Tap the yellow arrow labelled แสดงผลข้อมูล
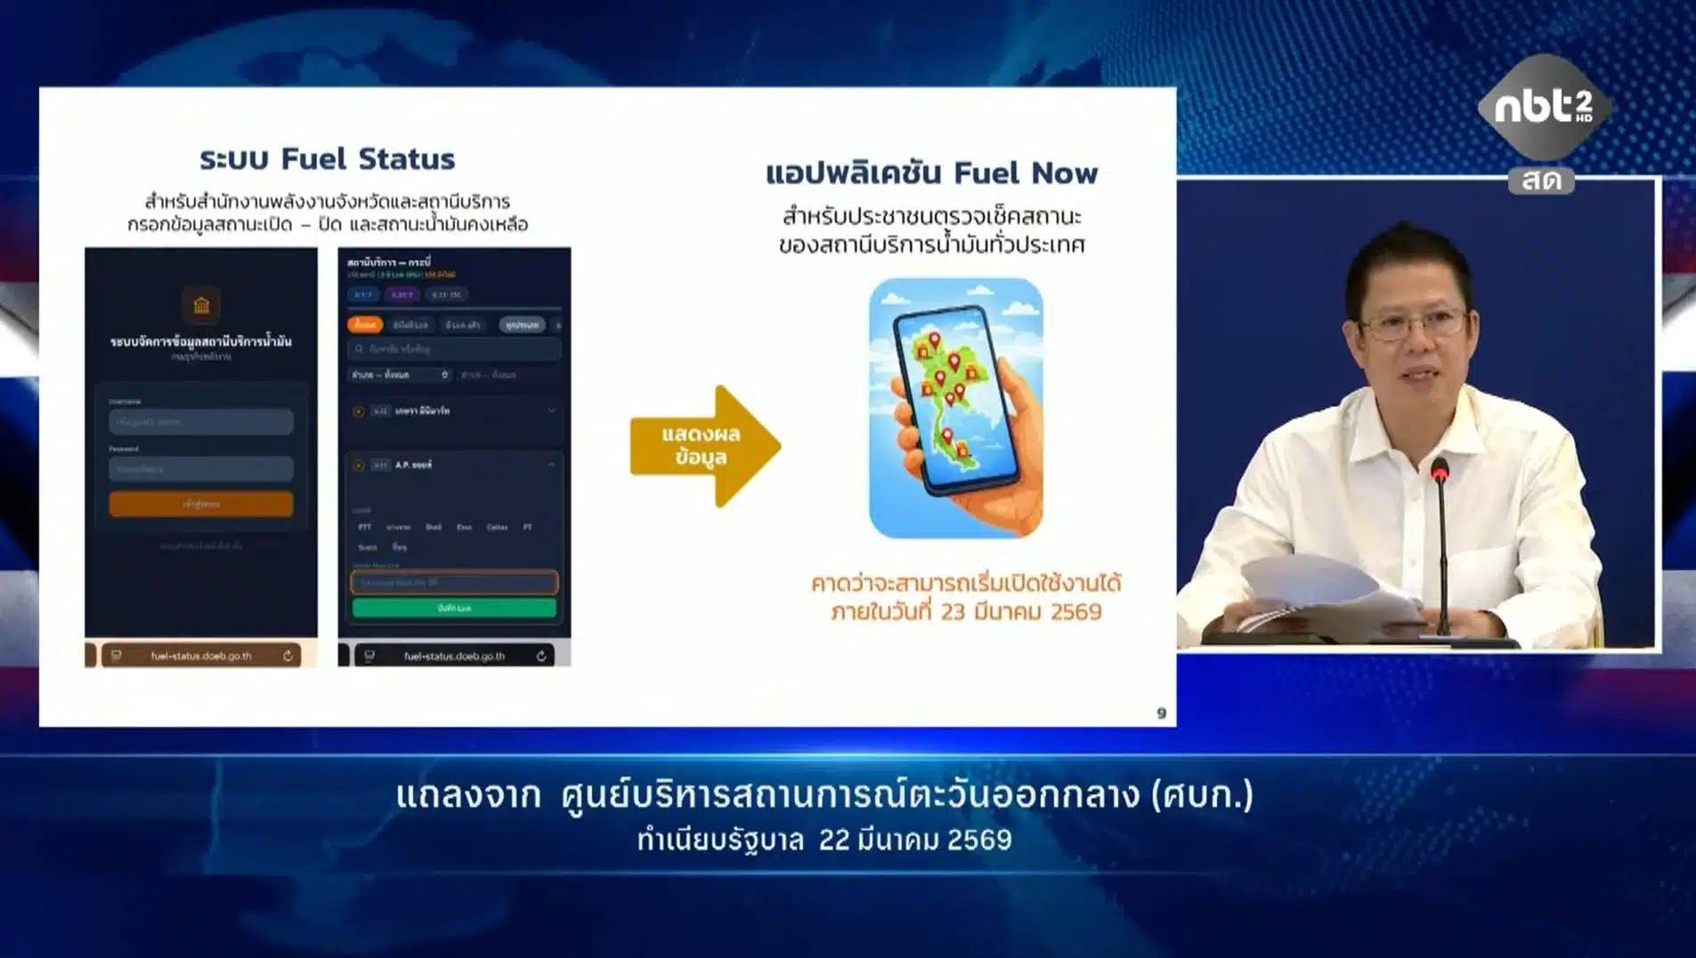coord(703,445)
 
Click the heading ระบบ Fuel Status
coord(327,158)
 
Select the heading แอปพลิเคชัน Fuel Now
coord(931,173)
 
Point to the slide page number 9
coord(1161,713)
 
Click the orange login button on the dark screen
coord(201,504)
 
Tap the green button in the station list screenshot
coord(454,608)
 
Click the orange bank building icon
coord(201,305)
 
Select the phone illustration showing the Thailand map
coord(955,408)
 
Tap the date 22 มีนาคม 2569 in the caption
coord(915,840)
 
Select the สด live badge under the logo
coord(1541,181)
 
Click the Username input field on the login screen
coord(201,422)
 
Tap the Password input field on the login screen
coord(201,468)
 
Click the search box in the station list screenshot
coord(454,349)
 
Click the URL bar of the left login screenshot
coord(201,656)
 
